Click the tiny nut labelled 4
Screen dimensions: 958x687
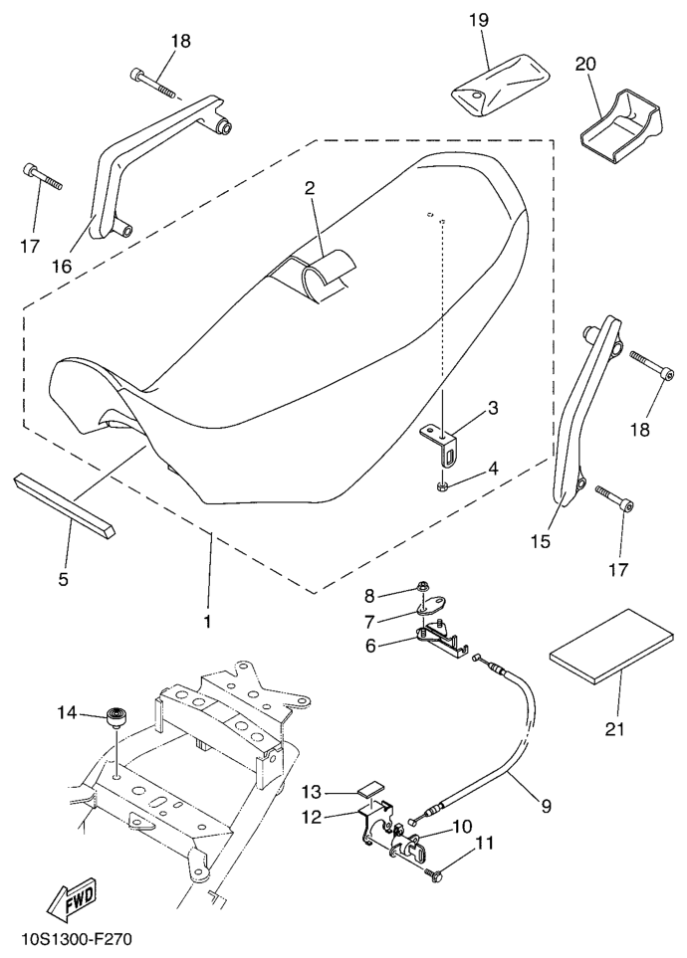[439, 486]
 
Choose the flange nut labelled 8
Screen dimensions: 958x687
[423, 597]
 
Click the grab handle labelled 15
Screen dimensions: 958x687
[582, 418]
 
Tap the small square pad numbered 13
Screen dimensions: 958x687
[371, 790]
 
